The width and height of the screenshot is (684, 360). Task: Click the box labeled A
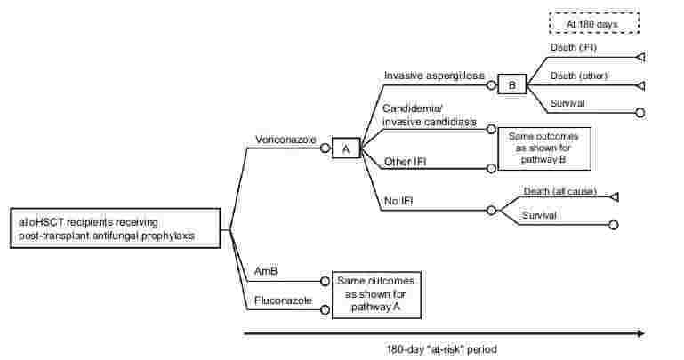coord(345,149)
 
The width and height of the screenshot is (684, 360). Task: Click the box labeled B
coord(511,84)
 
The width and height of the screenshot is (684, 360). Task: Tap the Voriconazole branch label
coord(284,140)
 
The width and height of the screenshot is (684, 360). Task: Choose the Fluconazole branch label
coord(283,300)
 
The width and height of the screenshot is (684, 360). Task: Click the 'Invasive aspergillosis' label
coord(434,76)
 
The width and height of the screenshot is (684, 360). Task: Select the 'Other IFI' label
coord(408,161)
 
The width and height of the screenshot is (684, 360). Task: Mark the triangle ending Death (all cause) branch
coord(614,196)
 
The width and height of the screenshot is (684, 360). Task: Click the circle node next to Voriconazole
coord(325,148)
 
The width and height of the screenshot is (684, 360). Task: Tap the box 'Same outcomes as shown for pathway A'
coord(374,294)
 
